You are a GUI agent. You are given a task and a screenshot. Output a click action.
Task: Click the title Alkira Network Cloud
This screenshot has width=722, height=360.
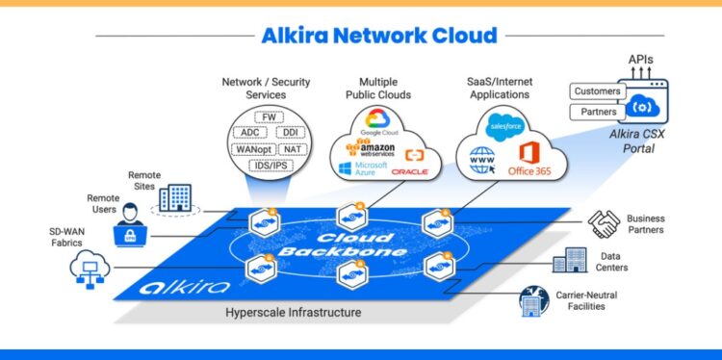379,37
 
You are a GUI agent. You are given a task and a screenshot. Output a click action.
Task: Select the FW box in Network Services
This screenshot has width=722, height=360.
268,117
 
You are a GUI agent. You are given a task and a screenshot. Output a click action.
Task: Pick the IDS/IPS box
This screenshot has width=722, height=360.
268,166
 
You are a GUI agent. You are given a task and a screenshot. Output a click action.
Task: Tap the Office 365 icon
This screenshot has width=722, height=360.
532,158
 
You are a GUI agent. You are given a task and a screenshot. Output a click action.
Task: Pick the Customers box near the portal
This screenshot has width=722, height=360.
598,91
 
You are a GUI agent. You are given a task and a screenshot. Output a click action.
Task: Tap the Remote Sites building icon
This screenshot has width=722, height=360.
174,197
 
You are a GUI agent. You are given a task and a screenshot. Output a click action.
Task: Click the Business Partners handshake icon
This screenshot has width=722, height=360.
604,224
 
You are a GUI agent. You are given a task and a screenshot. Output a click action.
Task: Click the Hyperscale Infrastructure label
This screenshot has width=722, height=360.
294,313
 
